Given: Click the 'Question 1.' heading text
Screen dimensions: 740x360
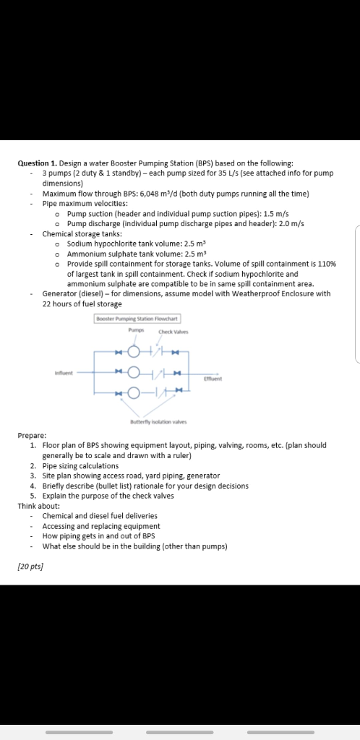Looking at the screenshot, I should (38, 163).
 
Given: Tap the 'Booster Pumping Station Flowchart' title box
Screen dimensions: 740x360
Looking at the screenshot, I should (137, 318).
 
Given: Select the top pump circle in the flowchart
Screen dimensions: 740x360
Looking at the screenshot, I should (133, 352).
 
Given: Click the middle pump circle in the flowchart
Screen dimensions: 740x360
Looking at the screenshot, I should (133, 372).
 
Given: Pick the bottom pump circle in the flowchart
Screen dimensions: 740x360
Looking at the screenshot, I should (133, 393).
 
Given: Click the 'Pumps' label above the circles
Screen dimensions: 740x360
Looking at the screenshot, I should (137, 330).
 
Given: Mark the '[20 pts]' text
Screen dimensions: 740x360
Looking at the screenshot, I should (30, 567).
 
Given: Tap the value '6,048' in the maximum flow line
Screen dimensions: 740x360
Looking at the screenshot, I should (152, 194).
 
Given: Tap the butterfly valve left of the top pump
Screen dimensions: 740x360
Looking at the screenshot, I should (119, 352).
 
